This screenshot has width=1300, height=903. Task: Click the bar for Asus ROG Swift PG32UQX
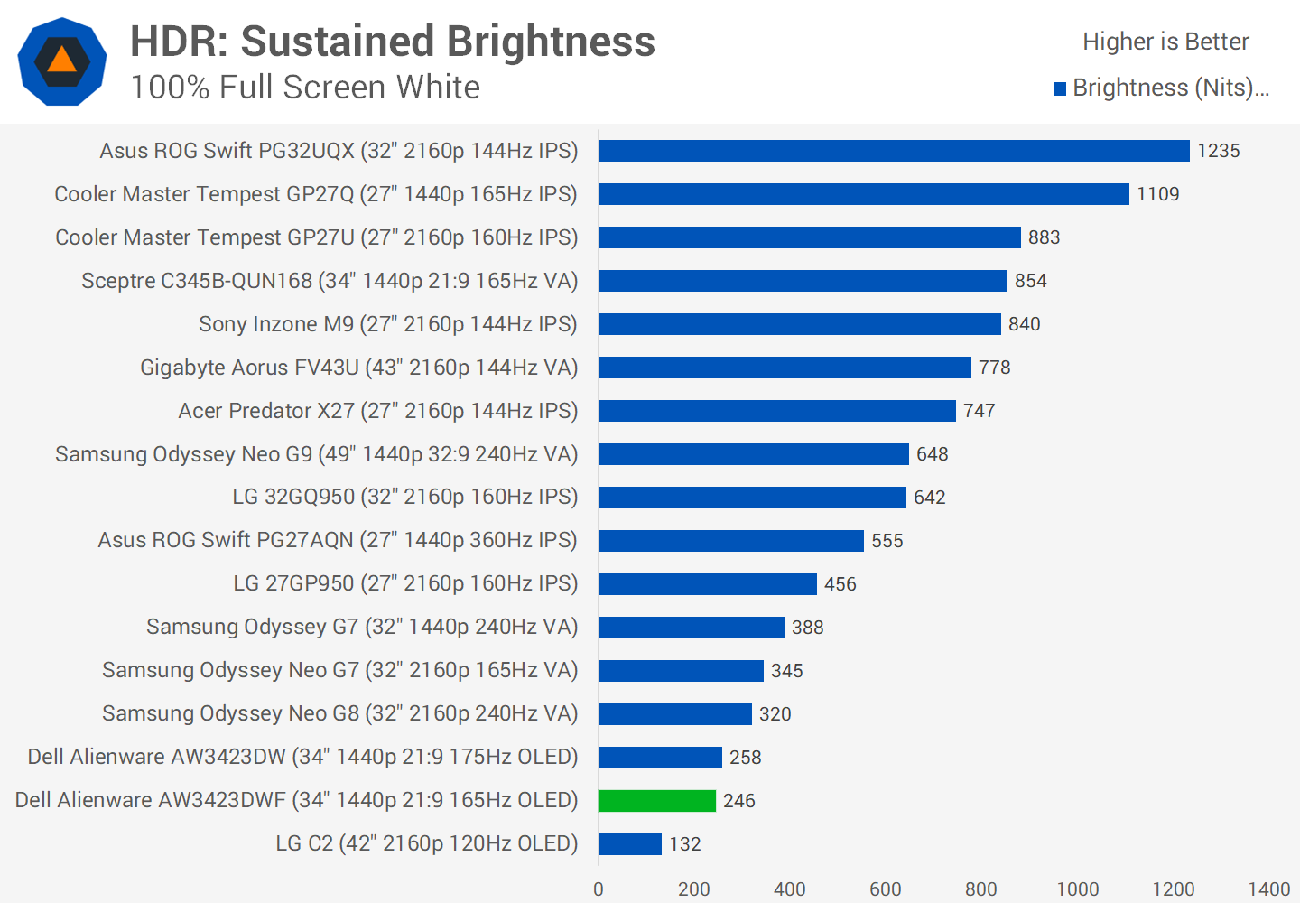[894, 151]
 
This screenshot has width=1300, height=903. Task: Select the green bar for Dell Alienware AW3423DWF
[657, 801]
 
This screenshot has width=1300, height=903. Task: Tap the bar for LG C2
[630, 844]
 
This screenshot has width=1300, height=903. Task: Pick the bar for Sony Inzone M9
[800, 324]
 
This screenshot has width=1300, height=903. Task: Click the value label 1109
[1158, 194]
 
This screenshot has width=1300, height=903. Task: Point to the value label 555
[887, 541]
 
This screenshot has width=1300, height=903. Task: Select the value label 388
[808, 628]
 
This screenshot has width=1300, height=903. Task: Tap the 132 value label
[685, 844]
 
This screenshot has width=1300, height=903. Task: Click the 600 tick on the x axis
[886, 889]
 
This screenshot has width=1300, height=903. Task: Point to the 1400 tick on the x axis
[1268, 889]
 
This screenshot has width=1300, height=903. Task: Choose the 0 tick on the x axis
[599, 889]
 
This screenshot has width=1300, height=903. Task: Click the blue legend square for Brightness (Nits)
[1060, 88]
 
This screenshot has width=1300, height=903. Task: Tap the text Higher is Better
[1165, 42]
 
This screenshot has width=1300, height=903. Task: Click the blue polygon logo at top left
[62, 61]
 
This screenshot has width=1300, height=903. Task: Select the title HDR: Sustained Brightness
[393, 42]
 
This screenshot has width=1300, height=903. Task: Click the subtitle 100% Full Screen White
[305, 88]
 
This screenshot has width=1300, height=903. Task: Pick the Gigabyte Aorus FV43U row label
[358, 368]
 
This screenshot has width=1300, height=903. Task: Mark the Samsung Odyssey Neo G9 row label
[316, 454]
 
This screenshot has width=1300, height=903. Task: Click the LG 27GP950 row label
[405, 583]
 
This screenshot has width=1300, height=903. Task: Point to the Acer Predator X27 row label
[377, 411]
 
